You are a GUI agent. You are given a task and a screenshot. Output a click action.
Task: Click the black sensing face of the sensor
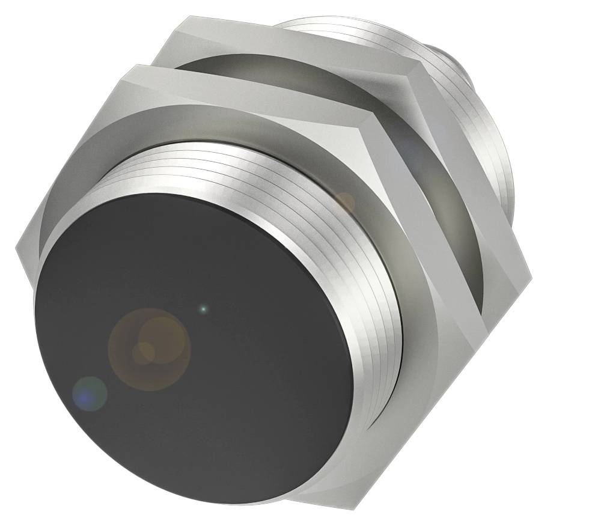198,361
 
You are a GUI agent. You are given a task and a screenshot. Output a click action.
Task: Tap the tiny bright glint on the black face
203,309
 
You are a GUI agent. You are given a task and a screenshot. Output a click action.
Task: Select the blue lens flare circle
90,394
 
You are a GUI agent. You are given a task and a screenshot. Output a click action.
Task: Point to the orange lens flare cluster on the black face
149,349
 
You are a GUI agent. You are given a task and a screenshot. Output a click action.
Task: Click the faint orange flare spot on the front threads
345,202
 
